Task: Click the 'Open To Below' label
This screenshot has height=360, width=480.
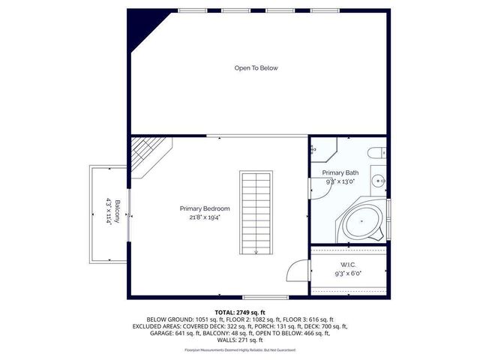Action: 256,68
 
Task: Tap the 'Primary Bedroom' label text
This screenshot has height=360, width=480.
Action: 204,208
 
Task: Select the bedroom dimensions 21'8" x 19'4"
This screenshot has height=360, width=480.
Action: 204,217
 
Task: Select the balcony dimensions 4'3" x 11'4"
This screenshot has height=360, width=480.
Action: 109,211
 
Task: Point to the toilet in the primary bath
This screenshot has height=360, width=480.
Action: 375,154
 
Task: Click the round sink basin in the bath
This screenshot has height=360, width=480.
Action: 379,180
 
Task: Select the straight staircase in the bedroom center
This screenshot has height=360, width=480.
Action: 256,211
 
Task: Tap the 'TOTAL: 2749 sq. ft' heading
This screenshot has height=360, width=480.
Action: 240,312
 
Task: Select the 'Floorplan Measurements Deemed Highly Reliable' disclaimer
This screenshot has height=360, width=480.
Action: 240,350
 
